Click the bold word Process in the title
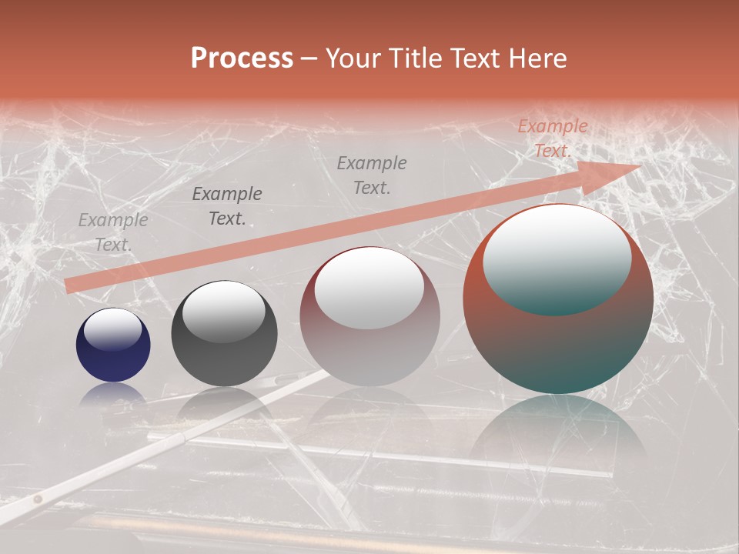click(242, 58)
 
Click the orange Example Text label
click(552, 138)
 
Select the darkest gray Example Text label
click(227, 206)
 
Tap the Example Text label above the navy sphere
click(113, 232)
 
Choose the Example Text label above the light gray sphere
click(372, 175)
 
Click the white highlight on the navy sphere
click(113, 329)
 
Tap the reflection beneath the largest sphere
click(558, 431)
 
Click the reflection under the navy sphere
click(113, 394)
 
